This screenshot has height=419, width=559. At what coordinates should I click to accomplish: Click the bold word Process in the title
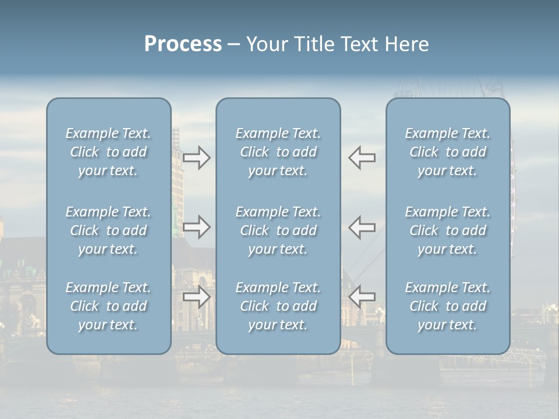pos(183,44)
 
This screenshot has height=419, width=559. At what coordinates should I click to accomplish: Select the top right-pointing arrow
pos(197,158)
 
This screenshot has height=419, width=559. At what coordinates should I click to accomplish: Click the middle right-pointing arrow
pos(197,227)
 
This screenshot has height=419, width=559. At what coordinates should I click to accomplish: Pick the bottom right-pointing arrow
pos(197,297)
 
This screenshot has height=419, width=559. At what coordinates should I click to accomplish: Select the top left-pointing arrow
pos(362,158)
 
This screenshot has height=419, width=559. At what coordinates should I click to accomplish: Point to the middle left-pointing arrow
pos(362,227)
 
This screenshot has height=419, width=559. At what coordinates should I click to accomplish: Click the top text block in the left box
pos(108,152)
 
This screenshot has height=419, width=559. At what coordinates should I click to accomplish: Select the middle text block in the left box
pos(108,230)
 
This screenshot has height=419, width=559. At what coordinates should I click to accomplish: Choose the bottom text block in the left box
pos(108,306)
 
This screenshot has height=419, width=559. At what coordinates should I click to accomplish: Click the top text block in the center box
pos(278,152)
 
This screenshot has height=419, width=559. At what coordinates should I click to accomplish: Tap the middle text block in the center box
pos(278,230)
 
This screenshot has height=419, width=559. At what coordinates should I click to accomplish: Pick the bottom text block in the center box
pos(278,306)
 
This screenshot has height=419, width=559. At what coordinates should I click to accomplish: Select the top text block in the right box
pos(448,152)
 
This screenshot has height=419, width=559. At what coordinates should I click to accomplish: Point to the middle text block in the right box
pos(448,230)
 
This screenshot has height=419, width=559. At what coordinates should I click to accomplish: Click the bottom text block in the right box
pos(448,306)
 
